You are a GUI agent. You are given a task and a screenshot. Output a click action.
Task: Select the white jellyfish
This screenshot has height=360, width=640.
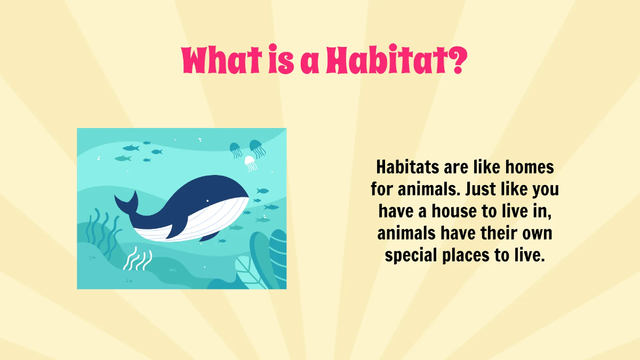(x=251, y=163)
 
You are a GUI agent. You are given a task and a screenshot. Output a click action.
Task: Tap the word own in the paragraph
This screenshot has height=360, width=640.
(x=536, y=234)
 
